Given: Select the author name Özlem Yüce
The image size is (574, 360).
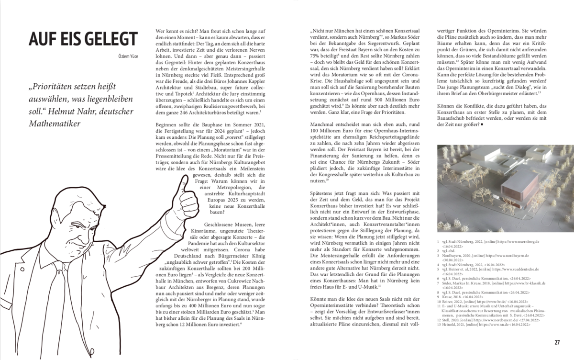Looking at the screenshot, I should coord(128,56).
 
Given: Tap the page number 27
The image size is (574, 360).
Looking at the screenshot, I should coord(557,342).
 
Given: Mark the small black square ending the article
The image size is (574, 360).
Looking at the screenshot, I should coord(485,125).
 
